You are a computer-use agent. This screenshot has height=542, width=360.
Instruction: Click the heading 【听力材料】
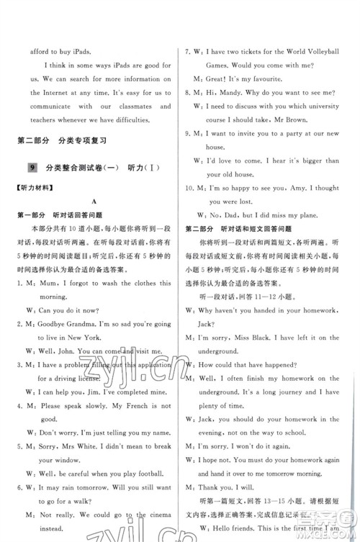pos(34,189)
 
